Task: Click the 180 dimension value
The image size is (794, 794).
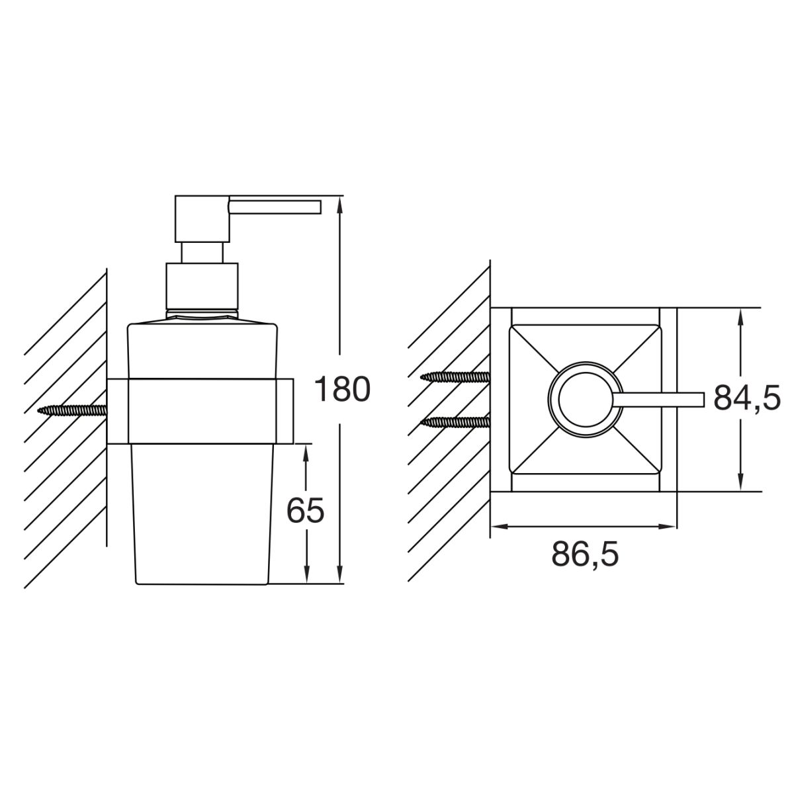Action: (342, 390)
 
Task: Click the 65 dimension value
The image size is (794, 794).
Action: (305, 511)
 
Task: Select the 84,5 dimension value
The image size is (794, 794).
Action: (747, 398)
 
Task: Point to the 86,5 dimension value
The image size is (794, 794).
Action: (585, 554)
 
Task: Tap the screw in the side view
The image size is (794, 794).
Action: (72, 410)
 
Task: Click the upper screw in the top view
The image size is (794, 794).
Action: (455, 376)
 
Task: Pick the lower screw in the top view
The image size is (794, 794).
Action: (455, 421)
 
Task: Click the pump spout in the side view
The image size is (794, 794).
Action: (275, 207)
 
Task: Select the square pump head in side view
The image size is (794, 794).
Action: (202, 219)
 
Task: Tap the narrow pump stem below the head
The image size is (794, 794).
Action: (202, 253)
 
